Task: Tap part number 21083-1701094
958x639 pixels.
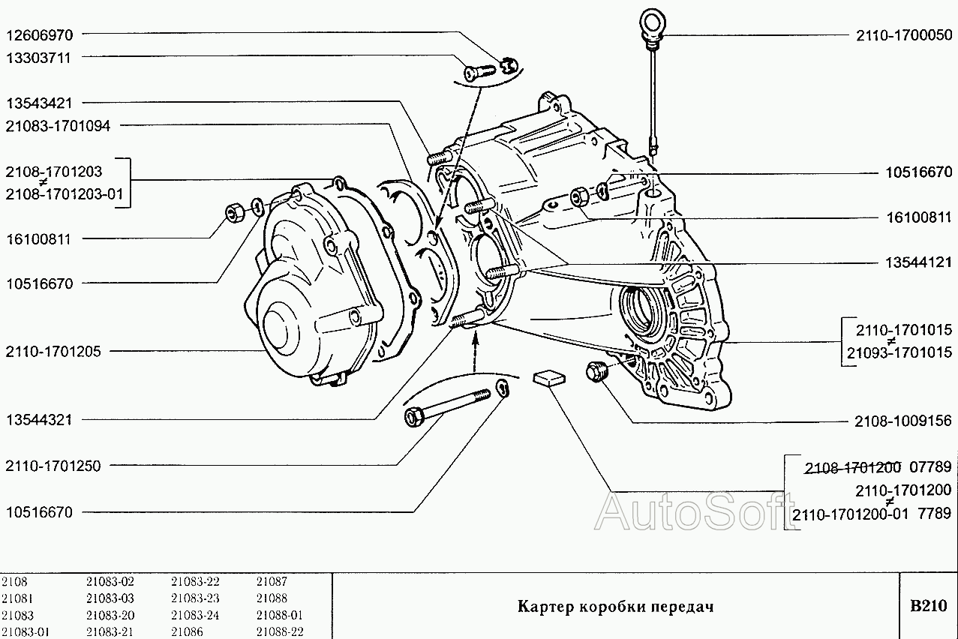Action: pos(58,126)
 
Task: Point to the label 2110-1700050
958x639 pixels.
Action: pos(903,35)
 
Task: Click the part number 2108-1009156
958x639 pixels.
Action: pos(903,421)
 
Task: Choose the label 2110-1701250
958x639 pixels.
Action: pos(53,466)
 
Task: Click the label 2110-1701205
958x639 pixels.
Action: pos(53,351)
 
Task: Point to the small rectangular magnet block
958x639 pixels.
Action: pos(548,377)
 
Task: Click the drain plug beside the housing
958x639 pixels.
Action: pos(598,370)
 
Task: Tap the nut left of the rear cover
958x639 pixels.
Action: pos(233,213)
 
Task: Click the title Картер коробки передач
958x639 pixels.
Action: pos(614,606)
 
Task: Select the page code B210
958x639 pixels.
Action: pos(929,606)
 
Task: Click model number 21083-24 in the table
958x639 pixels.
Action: pos(195,615)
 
